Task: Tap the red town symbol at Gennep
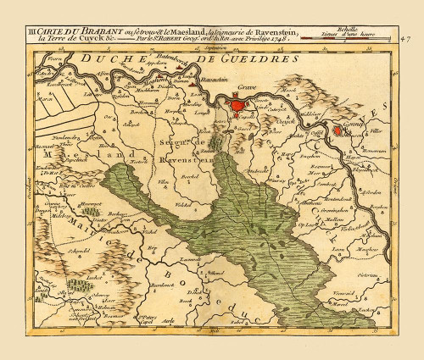[340, 130]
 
